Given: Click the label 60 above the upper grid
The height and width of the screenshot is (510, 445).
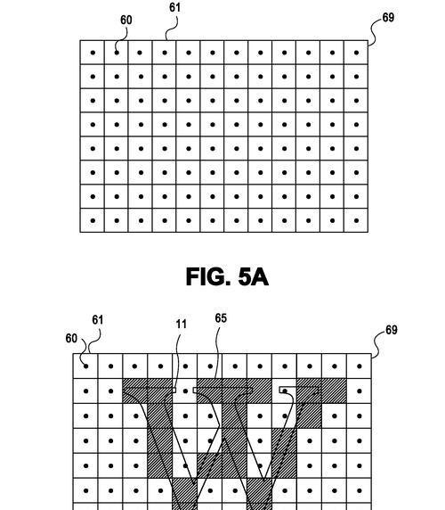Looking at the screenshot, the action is [126, 21].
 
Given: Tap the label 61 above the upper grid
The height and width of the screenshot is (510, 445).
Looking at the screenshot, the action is [174, 7].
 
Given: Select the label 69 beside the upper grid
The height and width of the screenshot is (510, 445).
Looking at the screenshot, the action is [388, 17].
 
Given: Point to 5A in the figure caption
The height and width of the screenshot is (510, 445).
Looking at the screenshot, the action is [254, 277].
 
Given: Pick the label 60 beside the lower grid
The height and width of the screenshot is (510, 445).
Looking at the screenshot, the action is [71, 338].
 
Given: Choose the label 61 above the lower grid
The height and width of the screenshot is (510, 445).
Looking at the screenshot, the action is [97, 320].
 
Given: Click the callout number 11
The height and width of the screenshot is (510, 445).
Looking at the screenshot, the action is [182, 324].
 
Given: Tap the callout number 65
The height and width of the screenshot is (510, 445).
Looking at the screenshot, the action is [221, 318].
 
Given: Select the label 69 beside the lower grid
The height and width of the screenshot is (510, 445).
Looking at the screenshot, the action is [391, 330].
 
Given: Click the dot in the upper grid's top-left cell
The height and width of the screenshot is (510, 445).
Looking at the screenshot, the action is [93, 53].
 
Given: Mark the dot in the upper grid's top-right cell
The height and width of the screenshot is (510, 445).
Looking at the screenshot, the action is [356, 53].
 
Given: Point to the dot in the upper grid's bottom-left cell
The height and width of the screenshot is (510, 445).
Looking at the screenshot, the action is [93, 220].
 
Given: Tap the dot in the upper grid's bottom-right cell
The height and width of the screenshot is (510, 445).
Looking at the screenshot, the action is [356, 220].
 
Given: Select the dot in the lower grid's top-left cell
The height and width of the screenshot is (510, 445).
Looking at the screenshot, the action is [86, 366].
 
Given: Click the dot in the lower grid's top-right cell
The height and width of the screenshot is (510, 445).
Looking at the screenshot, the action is [360, 366].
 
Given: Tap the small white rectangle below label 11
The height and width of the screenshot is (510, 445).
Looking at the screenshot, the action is [174, 390].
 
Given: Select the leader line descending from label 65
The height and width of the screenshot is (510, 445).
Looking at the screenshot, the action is [217, 353].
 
